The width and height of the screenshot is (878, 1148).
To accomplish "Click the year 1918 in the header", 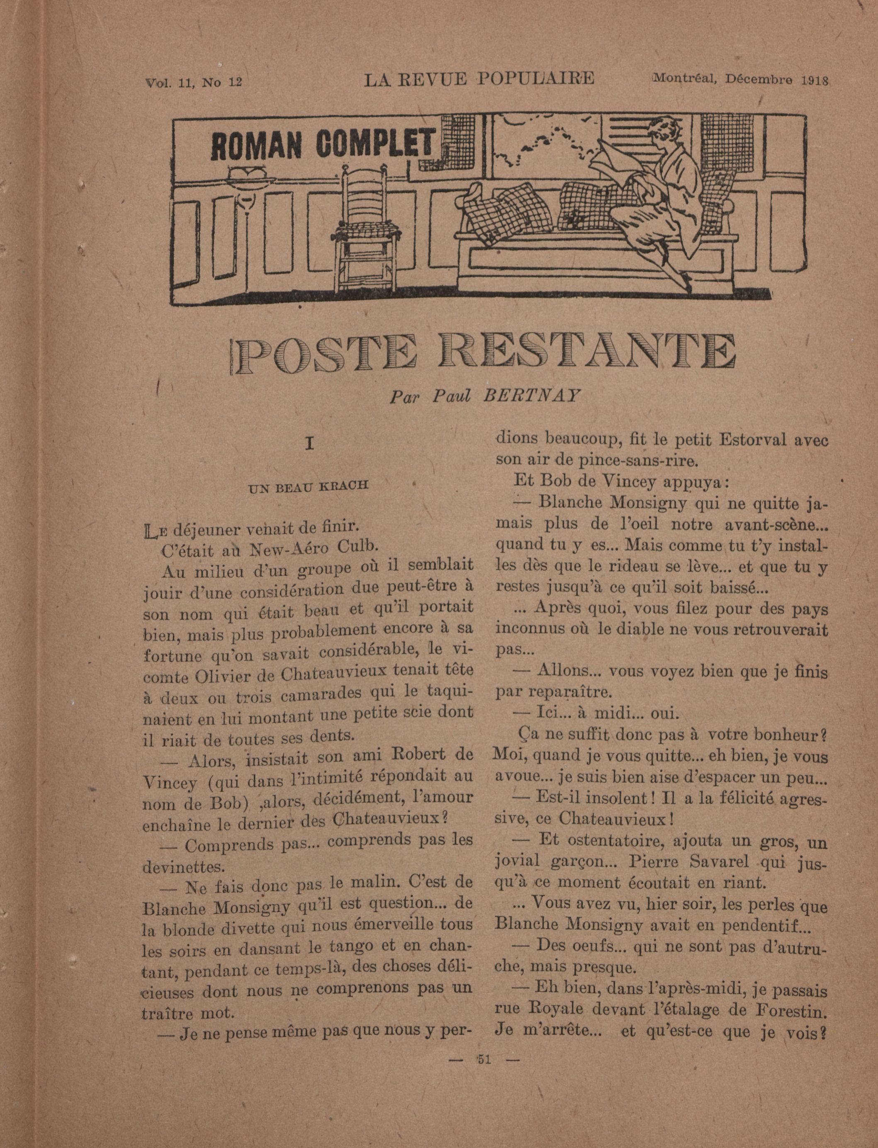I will [814, 80].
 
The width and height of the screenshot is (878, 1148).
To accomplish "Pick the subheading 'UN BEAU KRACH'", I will [308, 486].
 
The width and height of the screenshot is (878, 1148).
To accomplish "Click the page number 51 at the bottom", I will [484, 1059].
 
